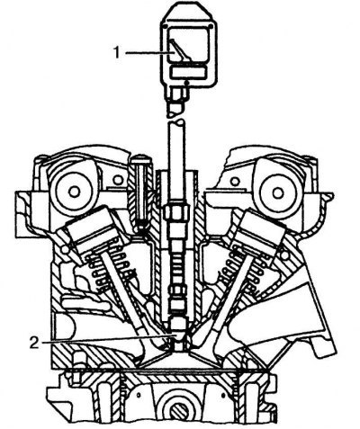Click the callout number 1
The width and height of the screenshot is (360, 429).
coord(117,53)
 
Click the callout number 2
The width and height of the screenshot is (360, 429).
coord(34,343)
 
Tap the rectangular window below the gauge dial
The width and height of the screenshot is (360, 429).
coord(188,72)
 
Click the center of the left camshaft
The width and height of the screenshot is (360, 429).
coord(74,192)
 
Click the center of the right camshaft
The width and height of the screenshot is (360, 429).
coord(278,192)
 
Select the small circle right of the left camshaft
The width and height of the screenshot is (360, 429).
coord(119,180)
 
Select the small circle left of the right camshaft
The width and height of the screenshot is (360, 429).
coord(235,181)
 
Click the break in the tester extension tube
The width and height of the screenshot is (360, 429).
coord(177,119)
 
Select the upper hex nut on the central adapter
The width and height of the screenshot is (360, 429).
coord(177,210)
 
